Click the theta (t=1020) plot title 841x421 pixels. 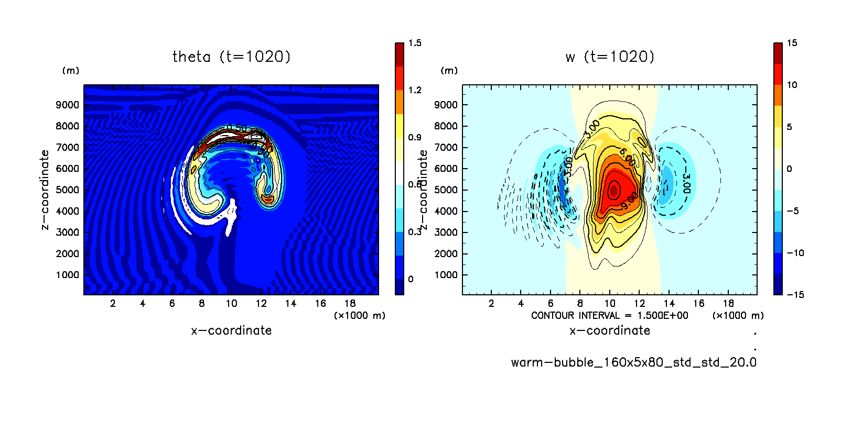click(231, 57)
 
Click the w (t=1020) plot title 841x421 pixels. click(610, 57)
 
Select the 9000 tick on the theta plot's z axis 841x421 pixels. click(68, 105)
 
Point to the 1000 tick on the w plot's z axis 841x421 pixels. click(446, 275)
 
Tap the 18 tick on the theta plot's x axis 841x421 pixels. click(350, 303)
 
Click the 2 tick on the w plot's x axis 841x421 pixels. click(491, 303)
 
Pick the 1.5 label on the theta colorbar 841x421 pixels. click(415, 43)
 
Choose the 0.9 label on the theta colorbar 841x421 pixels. click(415, 137)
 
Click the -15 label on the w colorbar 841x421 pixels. click(795, 295)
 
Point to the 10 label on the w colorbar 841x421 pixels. click(792, 85)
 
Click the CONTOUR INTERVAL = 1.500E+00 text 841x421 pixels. click(609, 315)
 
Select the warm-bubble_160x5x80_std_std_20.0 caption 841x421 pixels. click(633, 362)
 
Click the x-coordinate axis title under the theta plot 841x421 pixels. click(231, 330)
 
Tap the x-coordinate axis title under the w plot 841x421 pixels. click(610, 330)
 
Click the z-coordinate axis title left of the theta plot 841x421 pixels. click(45, 190)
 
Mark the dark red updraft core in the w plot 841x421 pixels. click(613, 190)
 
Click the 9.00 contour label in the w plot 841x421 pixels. click(629, 200)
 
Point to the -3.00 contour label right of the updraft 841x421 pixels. click(686, 184)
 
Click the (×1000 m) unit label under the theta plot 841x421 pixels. click(360, 315)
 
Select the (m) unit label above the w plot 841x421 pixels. click(449, 71)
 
